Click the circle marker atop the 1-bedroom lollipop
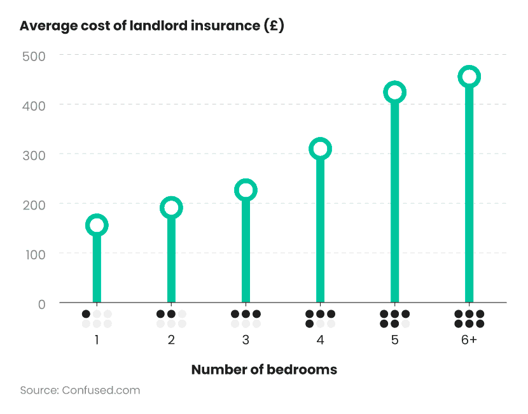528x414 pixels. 97,225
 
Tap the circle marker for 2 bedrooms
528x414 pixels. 171,208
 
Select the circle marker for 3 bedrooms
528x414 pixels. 246,190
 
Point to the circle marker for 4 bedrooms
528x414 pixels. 320,149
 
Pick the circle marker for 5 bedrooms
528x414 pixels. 394,92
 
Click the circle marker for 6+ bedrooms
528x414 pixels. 469,77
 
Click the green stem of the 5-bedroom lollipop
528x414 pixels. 394,204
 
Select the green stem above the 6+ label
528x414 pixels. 469,197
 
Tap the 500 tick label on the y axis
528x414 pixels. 33,55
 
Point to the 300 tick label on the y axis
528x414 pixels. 33,155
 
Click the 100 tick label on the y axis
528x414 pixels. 33,254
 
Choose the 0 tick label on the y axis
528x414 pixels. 41,304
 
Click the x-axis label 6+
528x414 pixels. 469,340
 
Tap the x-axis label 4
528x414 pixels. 320,340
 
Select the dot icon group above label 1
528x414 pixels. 97,319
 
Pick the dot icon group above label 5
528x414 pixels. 394,319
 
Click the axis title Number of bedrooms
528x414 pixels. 264,369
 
